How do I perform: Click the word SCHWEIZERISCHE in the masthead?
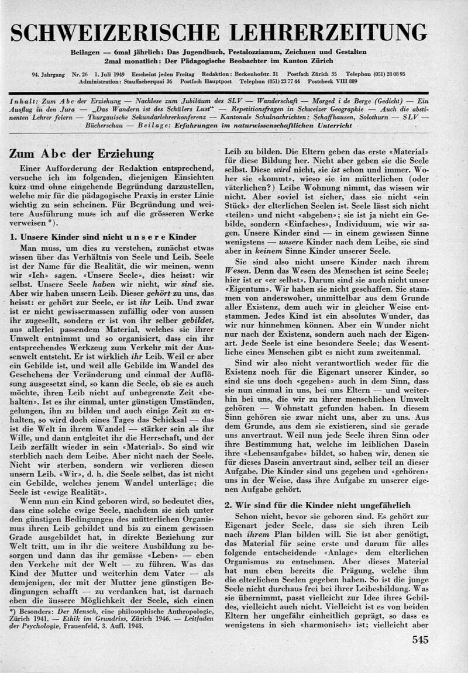117,33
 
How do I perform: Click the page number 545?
419,640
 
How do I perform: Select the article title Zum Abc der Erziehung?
81,154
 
